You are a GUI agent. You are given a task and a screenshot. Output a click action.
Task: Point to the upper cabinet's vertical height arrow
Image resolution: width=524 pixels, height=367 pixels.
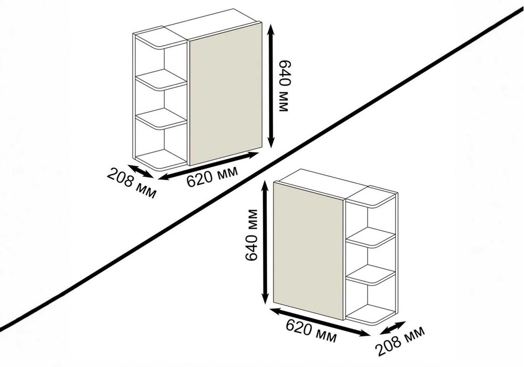pyautogui.click(x=271, y=86)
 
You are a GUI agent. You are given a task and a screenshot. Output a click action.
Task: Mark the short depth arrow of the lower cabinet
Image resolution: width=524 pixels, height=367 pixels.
pyautogui.click(x=389, y=326)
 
